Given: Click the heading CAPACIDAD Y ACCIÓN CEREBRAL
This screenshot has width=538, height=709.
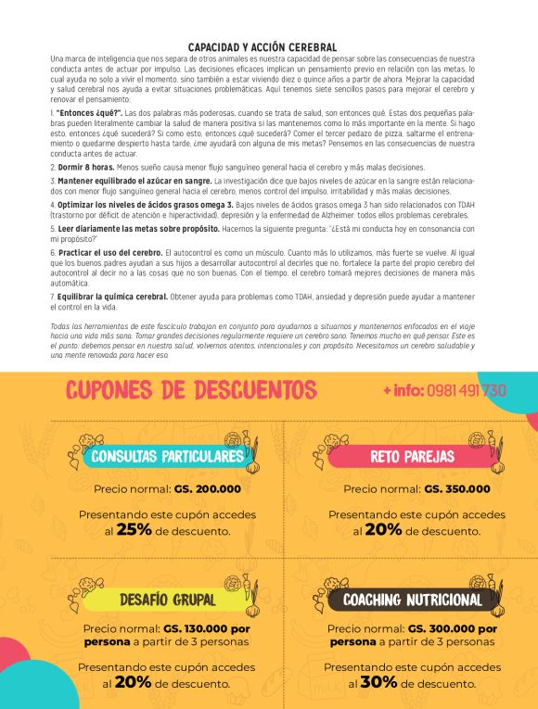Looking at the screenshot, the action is pyautogui.click(x=262, y=46).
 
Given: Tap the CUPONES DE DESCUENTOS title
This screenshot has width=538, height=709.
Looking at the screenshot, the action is pyautogui.click(x=191, y=389).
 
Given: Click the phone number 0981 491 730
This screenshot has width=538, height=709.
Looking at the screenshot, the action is pyautogui.click(x=467, y=390).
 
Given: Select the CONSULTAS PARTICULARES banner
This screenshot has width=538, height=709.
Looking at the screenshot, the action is pyautogui.click(x=168, y=456).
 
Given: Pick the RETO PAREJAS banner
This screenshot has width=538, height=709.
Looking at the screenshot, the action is pyautogui.click(x=412, y=456).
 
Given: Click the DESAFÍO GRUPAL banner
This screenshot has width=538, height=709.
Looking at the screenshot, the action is pyautogui.click(x=168, y=600).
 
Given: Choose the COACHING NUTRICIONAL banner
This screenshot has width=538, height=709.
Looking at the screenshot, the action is pyautogui.click(x=413, y=600).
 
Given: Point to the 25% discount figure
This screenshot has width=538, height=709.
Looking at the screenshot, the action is pyautogui.click(x=134, y=530).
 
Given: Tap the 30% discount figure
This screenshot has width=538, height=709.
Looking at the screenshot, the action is pyautogui.click(x=378, y=681).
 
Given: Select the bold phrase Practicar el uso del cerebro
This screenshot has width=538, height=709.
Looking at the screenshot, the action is pyautogui.click(x=109, y=252).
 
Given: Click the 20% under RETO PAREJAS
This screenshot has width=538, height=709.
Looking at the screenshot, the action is pyautogui.click(x=383, y=530).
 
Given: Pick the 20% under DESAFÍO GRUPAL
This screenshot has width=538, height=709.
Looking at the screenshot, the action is pyautogui.click(x=134, y=681).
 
